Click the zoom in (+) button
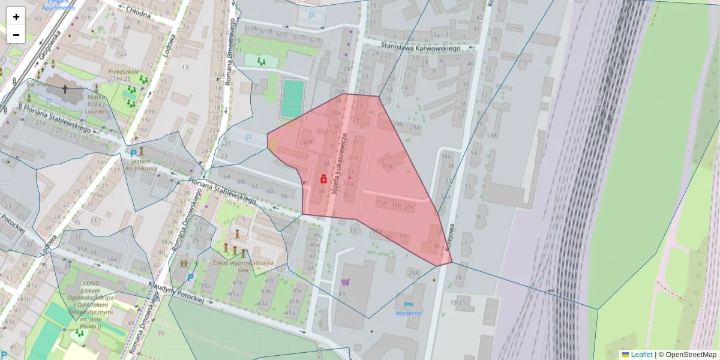[16, 16]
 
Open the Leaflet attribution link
[641, 355]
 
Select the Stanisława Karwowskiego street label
[421, 47]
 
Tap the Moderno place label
[408, 313]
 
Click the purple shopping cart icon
[345, 281]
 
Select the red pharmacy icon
[323, 179]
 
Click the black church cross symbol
[65, 89]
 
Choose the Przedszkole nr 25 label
[119, 75]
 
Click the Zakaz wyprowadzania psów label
[243, 266]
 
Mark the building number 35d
[387, 166]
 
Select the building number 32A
[308, 142]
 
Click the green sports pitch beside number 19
[293, 98]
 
